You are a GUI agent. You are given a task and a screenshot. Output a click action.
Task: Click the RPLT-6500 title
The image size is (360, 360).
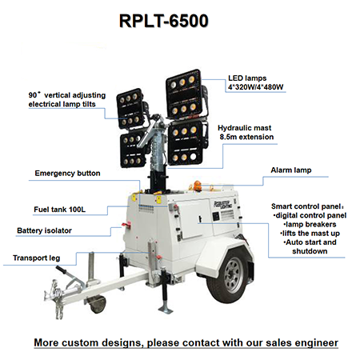163,21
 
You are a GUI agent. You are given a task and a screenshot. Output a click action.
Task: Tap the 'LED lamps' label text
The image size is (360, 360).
247,78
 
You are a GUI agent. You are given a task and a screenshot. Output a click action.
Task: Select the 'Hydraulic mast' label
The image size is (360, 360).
244,128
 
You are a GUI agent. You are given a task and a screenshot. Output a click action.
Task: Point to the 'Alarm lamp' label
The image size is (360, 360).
291,170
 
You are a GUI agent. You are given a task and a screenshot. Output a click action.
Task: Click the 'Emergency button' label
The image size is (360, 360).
67,174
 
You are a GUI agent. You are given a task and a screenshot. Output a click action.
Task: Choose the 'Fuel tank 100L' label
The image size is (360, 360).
59,210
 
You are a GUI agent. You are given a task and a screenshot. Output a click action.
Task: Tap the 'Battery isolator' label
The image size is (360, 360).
44,230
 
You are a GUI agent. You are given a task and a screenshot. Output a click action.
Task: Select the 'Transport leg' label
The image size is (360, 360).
36,258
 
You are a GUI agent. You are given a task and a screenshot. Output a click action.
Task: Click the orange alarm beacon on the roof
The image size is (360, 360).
198,186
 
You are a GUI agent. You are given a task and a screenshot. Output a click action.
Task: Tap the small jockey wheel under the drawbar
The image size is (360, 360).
98,304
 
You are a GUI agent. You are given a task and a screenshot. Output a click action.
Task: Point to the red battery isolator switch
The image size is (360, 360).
126,226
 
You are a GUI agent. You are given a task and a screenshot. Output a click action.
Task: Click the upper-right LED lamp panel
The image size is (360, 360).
184,94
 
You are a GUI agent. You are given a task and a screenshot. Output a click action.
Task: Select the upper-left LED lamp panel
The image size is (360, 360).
130,109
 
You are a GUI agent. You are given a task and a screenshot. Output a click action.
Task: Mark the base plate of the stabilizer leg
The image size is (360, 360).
166,310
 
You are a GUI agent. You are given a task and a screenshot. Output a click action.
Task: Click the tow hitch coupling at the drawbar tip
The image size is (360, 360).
55,298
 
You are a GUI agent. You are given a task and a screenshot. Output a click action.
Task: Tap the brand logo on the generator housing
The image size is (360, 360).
223,205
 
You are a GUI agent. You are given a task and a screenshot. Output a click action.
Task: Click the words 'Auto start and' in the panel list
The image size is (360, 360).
310,242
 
